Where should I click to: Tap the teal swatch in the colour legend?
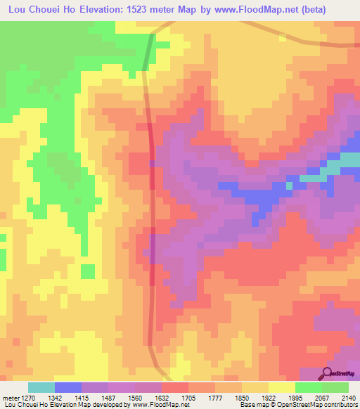point(41,387)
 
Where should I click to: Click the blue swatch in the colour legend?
point(67,387)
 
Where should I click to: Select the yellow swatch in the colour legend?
point(281,387)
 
